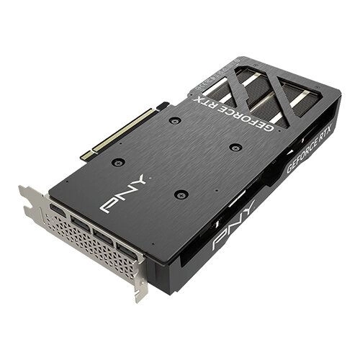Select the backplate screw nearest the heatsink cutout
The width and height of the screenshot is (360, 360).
[x=233, y=146]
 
